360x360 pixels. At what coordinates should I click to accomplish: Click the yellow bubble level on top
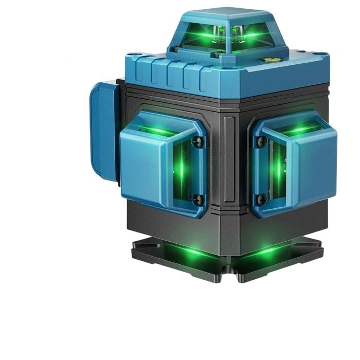pos(269,59)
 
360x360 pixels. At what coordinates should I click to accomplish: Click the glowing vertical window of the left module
pos(182,170)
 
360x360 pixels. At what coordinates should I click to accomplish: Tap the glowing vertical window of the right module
pos(278,170)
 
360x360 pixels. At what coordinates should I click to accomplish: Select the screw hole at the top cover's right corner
pos(320,54)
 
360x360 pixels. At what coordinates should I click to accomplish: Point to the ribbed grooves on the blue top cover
pos(170,72)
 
